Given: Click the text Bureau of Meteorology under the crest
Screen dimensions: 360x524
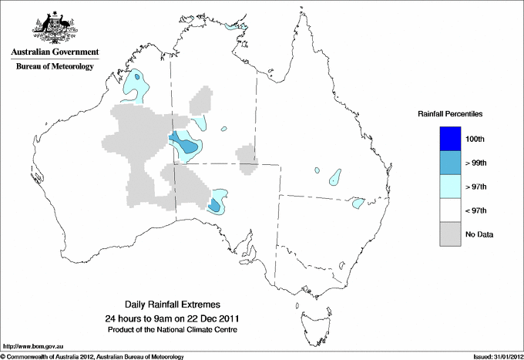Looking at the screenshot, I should click(55, 67).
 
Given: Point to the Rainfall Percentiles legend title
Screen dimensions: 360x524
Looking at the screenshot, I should click(450, 113).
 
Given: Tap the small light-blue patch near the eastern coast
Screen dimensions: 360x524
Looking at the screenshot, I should click(358, 204).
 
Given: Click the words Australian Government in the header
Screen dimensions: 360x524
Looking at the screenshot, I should click(55, 52).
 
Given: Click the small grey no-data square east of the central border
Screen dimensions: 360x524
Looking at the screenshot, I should click(247, 158).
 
